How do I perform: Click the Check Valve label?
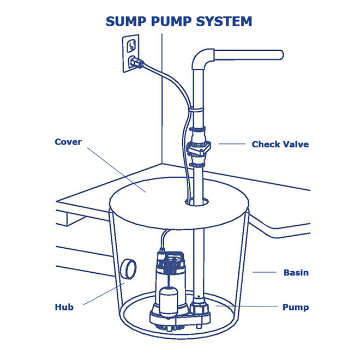[x=280, y=145]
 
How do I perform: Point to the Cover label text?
[x=68, y=142]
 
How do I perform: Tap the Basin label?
[x=296, y=272]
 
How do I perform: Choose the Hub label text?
[x=64, y=307]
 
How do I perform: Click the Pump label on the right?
[x=295, y=307]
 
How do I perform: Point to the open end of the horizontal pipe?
[x=281, y=55]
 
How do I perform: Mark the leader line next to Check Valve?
[x=232, y=145]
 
